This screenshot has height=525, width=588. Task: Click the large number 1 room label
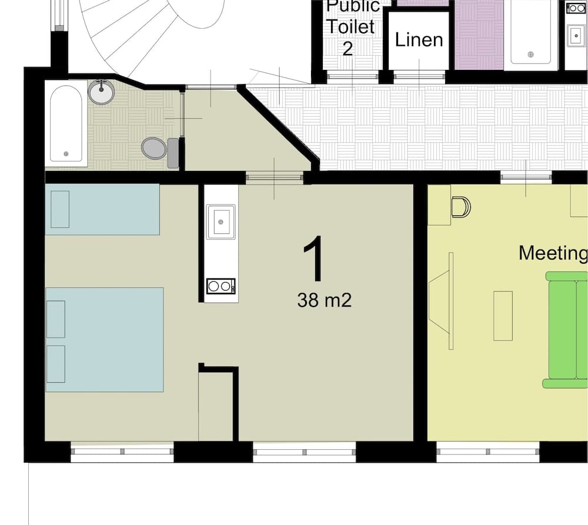[314, 259]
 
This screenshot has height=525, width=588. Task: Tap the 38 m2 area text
[324, 301]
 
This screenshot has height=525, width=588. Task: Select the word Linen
[419, 40]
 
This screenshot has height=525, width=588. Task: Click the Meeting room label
[553, 253]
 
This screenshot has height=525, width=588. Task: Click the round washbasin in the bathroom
[102, 92]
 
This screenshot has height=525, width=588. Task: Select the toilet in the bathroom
[155, 148]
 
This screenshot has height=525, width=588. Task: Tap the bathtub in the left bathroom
[65, 123]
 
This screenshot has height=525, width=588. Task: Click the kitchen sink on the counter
[221, 221]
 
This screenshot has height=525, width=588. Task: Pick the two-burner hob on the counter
[221, 286]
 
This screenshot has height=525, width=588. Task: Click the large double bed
[105, 339]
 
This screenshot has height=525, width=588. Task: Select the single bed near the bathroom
[102, 209]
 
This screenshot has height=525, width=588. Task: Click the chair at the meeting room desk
[461, 207]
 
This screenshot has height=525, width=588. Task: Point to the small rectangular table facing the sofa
[503, 316]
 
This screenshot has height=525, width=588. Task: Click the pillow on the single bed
[60, 209]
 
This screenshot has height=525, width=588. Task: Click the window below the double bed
[122, 452]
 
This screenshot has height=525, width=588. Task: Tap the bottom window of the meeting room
[487, 452]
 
